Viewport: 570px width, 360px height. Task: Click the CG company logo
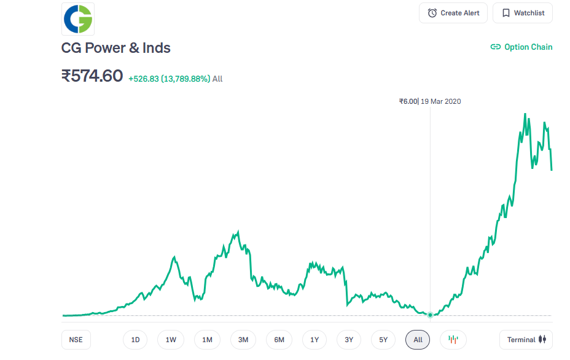(x=78, y=19)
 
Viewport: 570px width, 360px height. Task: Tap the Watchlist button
(x=523, y=13)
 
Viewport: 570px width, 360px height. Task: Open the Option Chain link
(x=521, y=47)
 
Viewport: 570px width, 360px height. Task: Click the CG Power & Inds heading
(x=115, y=48)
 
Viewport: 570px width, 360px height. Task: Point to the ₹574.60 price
(x=92, y=77)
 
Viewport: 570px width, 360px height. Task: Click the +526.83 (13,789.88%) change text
(x=169, y=79)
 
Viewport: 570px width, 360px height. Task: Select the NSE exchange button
(x=76, y=340)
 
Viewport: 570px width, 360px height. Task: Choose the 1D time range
(x=136, y=340)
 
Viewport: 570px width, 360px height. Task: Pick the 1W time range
(x=171, y=340)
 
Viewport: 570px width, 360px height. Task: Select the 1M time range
(x=207, y=340)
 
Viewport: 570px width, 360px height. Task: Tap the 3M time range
(x=243, y=340)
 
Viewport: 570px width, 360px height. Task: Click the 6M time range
(x=279, y=340)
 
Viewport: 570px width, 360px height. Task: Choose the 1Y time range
(x=314, y=340)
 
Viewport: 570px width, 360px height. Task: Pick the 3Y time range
(x=349, y=340)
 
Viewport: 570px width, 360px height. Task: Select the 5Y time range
(x=383, y=340)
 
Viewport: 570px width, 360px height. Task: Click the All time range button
(x=418, y=340)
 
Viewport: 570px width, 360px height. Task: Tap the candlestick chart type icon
(x=453, y=340)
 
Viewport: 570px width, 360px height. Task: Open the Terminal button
(x=526, y=340)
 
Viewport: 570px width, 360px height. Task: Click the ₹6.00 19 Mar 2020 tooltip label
(x=430, y=101)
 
